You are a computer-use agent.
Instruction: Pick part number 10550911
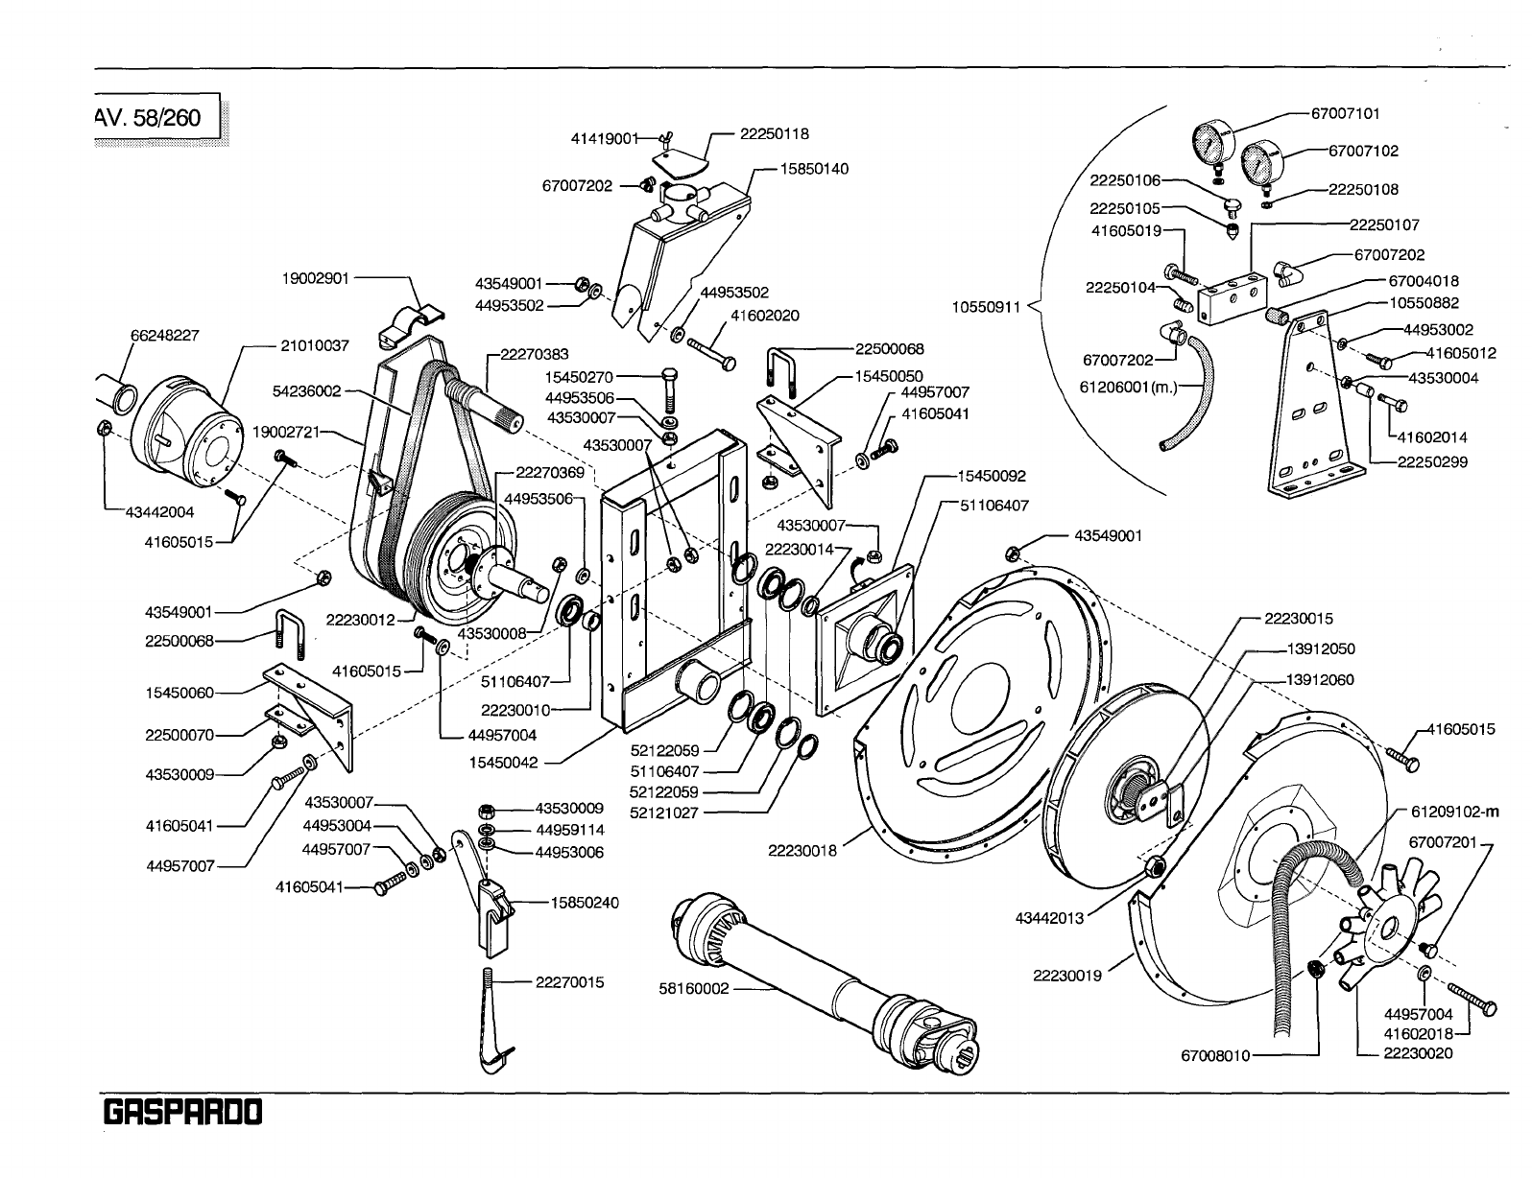pos(988,309)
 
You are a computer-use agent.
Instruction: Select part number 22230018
pos(802,849)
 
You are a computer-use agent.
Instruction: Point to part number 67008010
pos(1215,1056)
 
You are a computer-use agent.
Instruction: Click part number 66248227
pos(164,335)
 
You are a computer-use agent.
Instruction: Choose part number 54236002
pos(307,391)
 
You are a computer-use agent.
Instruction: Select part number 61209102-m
pos(1452,813)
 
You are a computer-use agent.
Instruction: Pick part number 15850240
pos(585,903)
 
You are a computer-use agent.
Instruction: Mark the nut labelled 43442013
pos(1156,867)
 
